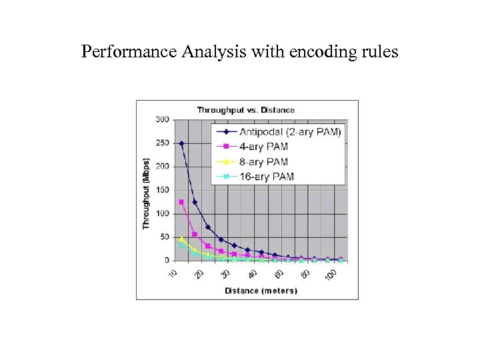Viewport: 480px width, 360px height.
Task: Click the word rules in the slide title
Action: coord(379,51)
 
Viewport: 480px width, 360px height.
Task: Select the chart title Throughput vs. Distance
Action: coord(245,110)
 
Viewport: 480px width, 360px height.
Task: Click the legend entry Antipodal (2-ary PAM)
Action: coord(291,132)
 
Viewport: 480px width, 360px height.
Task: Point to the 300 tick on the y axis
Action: coord(162,120)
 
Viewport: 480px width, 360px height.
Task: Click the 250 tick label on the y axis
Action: coord(162,143)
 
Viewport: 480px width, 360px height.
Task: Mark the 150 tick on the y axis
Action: coord(162,190)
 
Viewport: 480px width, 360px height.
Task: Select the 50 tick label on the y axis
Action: coord(164,237)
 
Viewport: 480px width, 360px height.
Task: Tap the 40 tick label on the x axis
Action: coord(252,274)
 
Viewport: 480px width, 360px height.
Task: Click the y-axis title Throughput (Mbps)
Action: coord(146,194)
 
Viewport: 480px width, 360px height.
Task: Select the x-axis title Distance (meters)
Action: coord(256,291)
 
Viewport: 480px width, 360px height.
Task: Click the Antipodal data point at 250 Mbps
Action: coord(181,143)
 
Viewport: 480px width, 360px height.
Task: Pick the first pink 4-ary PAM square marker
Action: coord(181,202)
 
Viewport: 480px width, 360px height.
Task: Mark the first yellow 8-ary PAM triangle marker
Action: coord(181,239)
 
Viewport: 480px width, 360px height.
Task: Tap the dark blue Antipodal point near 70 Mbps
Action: coord(208,227)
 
